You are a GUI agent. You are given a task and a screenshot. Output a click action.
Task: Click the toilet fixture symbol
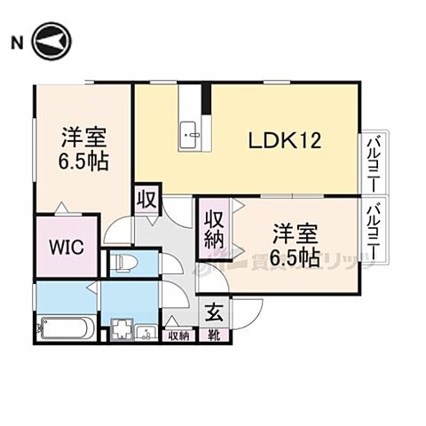122,263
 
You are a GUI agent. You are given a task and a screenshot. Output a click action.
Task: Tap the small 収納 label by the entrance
177,335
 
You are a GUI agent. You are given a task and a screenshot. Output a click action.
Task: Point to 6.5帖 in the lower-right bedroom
296,256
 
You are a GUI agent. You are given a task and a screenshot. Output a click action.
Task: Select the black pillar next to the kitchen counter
206,99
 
